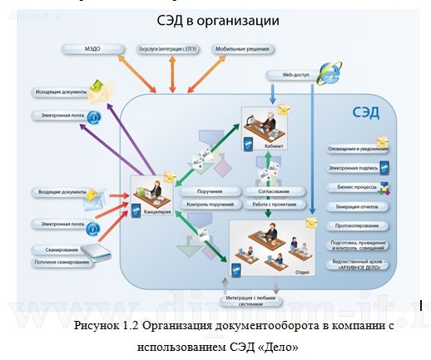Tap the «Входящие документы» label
[x=60, y=192]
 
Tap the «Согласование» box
[x=268, y=191]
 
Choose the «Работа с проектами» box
[x=268, y=204]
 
